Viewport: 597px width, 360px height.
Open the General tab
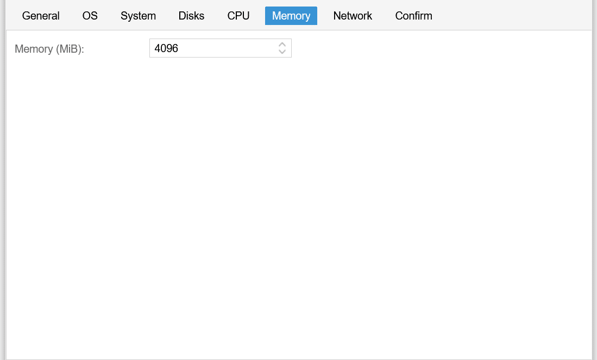(x=41, y=16)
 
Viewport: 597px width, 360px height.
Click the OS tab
(x=90, y=16)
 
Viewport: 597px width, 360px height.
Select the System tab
(x=138, y=16)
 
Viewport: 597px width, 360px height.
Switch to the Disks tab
(x=191, y=16)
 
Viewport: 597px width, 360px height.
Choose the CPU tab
(x=238, y=16)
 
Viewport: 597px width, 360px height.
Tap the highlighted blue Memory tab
(x=291, y=16)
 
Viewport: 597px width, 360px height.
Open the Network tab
(x=353, y=16)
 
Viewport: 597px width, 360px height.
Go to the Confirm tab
(x=413, y=16)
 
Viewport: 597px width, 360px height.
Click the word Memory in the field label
(x=34, y=49)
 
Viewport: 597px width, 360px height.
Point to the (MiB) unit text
(x=68, y=49)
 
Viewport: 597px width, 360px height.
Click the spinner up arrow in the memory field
(x=282, y=45)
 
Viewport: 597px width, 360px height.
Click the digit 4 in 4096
(x=157, y=48)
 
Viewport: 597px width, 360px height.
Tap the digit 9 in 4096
(x=169, y=48)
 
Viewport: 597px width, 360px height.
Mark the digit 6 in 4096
(x=175, y=48)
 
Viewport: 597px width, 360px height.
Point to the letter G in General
(x=26, y=16)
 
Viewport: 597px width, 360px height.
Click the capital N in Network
(x=337, y=16)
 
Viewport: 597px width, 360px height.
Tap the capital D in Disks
(x=183, y=16)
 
